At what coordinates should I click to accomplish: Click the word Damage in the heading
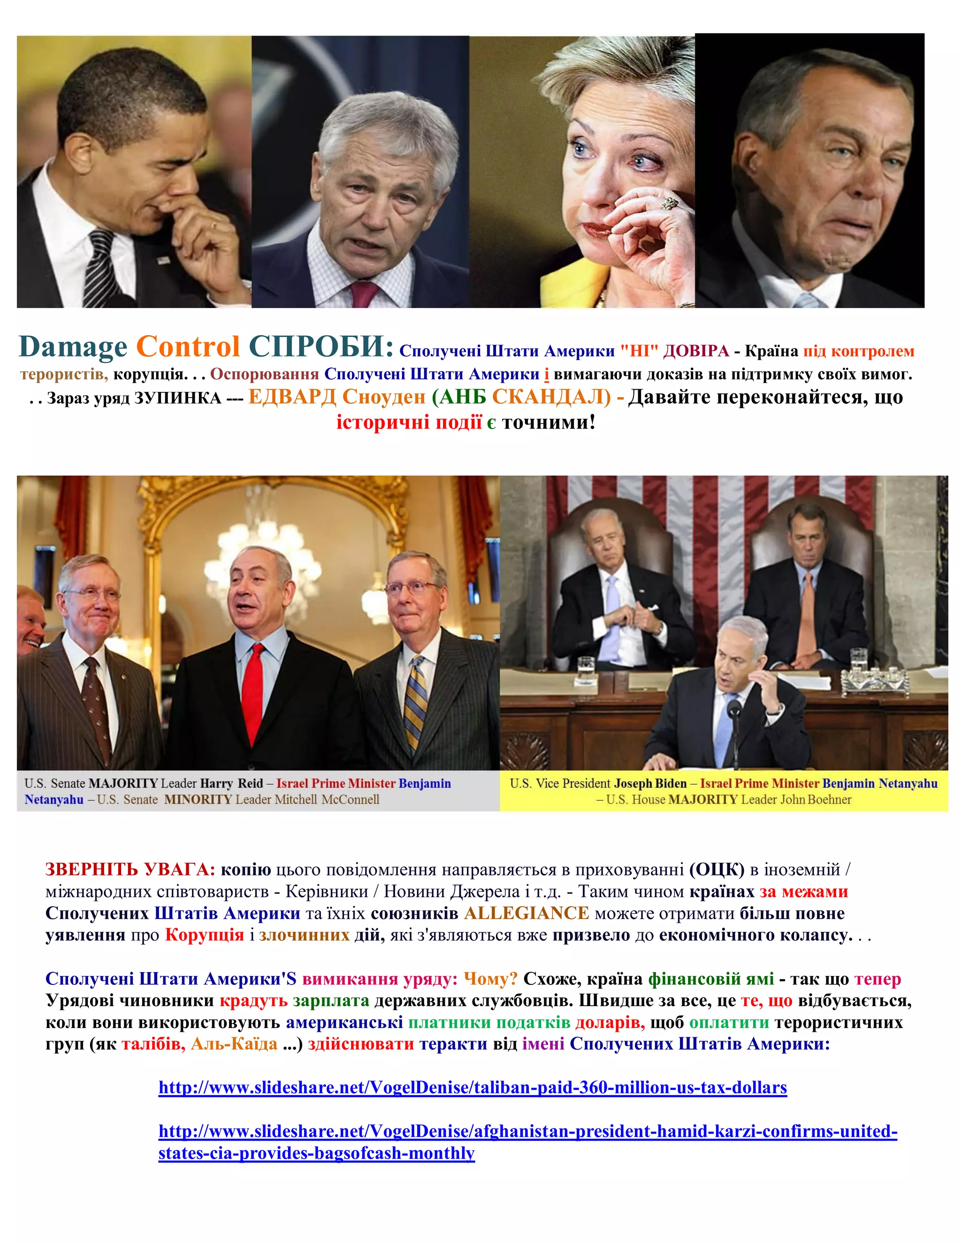[73, 346]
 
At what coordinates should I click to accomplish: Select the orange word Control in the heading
[187, 346]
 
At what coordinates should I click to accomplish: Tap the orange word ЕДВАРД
[292, 397]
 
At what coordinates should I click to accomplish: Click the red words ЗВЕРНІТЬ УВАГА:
[130, 870]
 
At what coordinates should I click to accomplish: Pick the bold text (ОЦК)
[716, 870]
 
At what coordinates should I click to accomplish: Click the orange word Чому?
[490, 979]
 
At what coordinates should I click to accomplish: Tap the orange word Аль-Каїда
[234, 1044]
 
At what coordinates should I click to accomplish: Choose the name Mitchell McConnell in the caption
[327, 800]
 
